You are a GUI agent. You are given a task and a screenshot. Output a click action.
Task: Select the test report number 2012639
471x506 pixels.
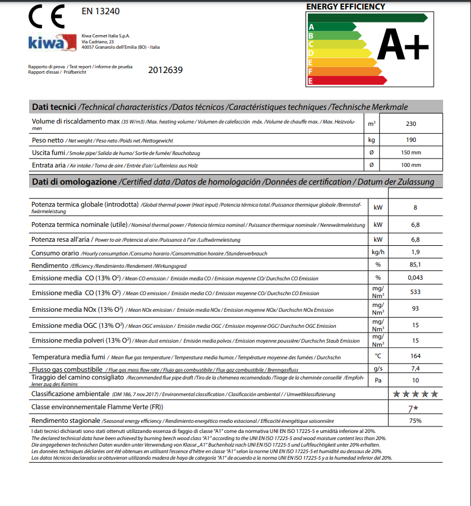pyautogui.click(x=166, y=70)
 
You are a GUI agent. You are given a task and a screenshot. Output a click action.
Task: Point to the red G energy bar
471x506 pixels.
pyautogui.click(x=338, y=80)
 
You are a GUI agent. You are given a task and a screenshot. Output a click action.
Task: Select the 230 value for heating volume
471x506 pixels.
pyautogui.click(x=411, y=124)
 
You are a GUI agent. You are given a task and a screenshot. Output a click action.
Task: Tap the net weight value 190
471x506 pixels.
pyautogui.click(x=411, y=141)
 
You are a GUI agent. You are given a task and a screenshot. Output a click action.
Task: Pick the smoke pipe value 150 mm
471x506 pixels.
pyautogui.click(x=411, y=153)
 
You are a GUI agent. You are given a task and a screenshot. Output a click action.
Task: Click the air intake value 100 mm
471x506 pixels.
pyautogui.click(x=411, y=165)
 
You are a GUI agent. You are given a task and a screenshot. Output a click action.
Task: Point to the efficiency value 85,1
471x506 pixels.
pyautogui.click(x=415, y=265)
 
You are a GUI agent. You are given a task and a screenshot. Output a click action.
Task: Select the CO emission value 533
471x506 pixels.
pyautogui.click(x=415, y=292)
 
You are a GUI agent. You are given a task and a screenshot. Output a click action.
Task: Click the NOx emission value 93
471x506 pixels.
pyautogui.click(x=415, y=309)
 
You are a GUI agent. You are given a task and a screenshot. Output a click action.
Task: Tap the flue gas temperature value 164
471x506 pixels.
pyautogui.click(x=415, y=356)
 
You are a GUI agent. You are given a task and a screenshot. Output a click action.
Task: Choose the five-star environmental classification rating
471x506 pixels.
pyautogui.click(x=416, y=393)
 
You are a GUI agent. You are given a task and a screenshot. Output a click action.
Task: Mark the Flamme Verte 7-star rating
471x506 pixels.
pyautogui.click(x=414, y=407)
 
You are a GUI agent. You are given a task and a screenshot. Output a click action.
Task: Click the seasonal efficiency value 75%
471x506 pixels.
pyautogui.click(x=415, y=420)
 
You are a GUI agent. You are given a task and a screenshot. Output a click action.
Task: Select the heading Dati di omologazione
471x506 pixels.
pyautogui.click(x=75, y=182)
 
